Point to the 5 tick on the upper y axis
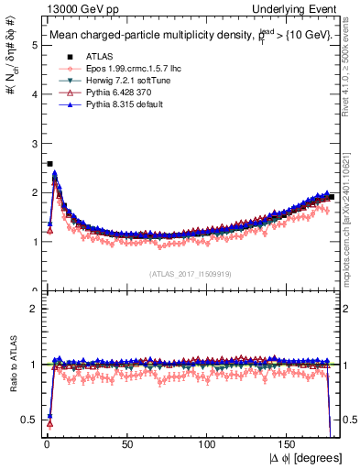coord(35,44)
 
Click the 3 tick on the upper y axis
coord(35,143)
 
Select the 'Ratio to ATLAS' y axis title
coord(12,365)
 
